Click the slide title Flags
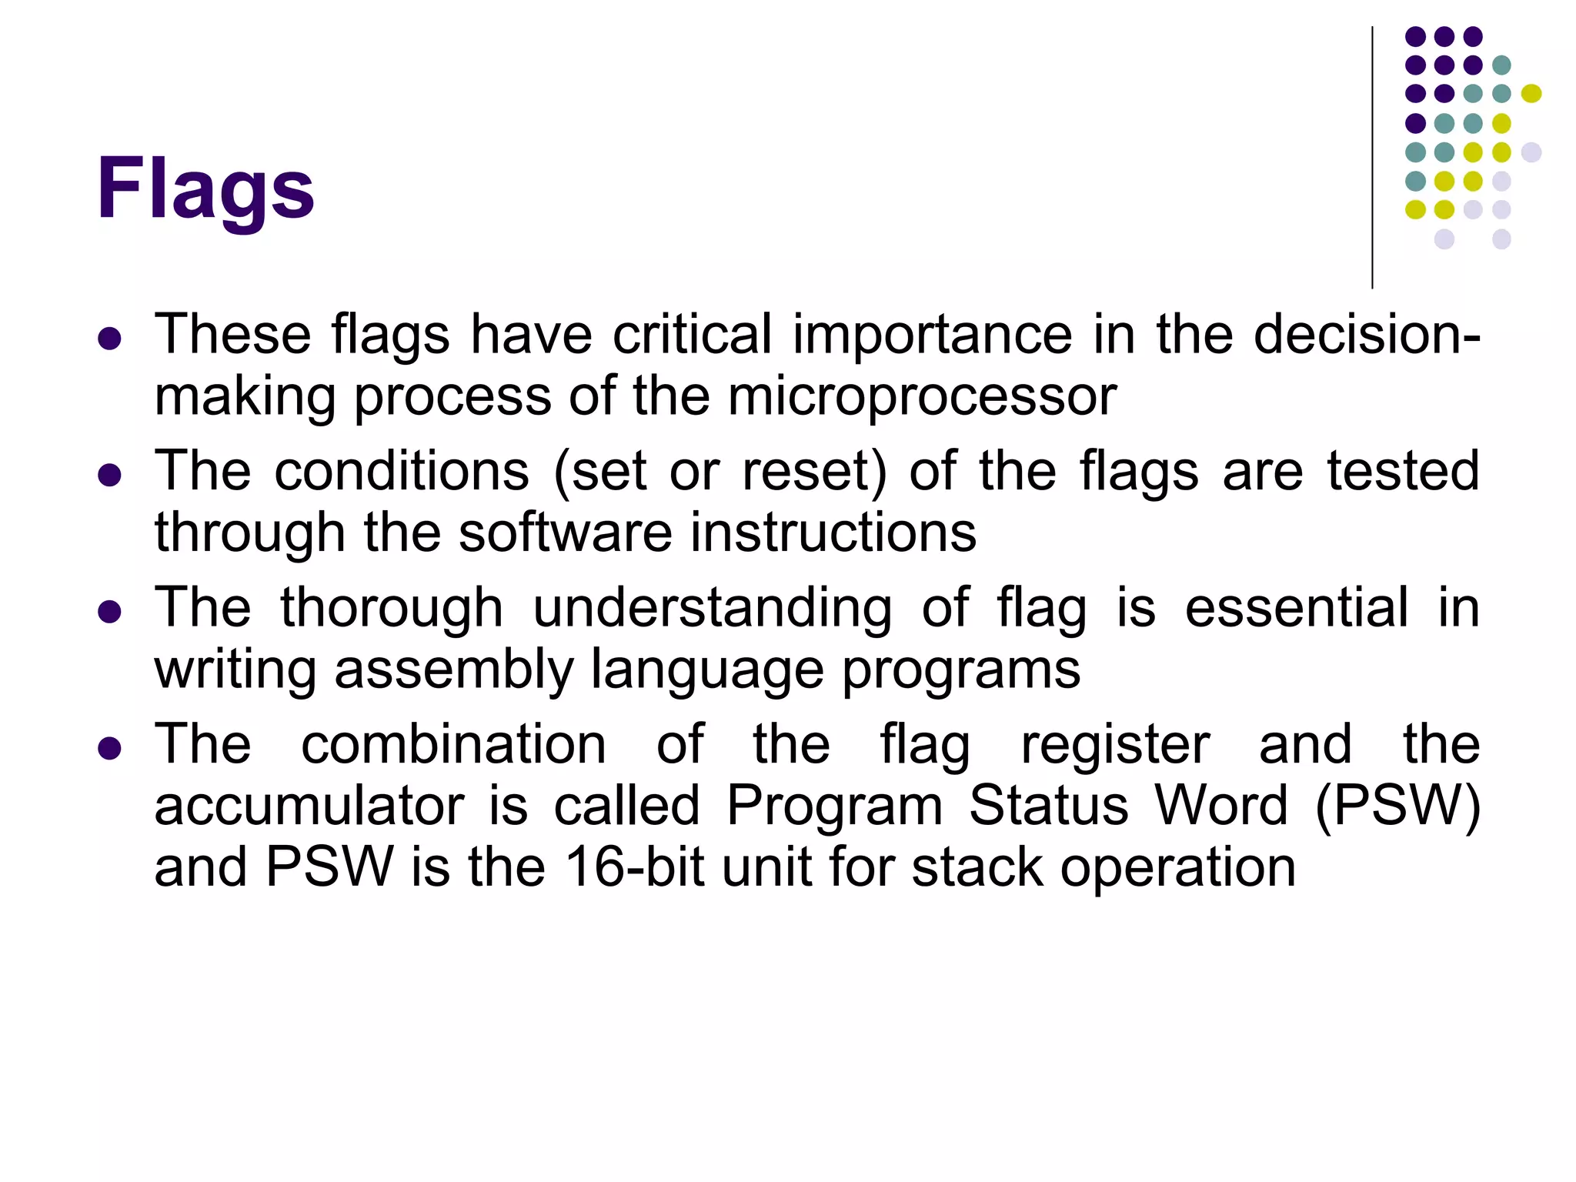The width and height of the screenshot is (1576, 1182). point(205,189)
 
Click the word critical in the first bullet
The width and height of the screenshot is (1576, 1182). point(692,336)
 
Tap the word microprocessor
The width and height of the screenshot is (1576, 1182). point(922,397)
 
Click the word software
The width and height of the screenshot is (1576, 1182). point(566,533)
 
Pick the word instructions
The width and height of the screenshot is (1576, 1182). point(833,533)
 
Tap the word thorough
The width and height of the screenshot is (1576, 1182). point(391,608)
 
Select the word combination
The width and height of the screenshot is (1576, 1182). point(453,744)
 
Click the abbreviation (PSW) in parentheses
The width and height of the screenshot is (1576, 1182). point(1397,806)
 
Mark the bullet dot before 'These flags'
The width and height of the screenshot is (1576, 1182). point(110,339)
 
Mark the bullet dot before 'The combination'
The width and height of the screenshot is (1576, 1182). point(110,747)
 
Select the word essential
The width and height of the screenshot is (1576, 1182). point(1297,608)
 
